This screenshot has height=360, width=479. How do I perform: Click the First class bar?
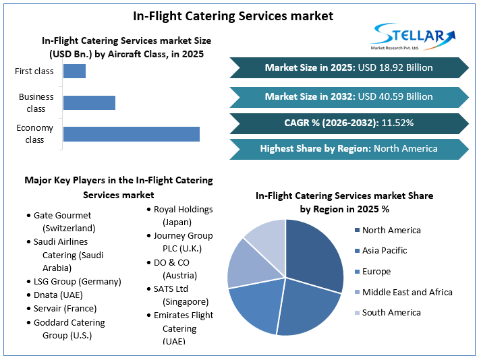coord(74,71)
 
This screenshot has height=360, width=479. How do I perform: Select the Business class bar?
coord(89,102)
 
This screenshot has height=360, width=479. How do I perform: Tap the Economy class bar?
coord(131,133)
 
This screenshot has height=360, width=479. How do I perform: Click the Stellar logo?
coord(413,36)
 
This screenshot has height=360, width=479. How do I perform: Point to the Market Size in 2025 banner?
coord(349,67)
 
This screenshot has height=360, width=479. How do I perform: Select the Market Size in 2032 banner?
coord(349,96)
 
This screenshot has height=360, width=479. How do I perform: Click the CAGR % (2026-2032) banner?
coord(349,123)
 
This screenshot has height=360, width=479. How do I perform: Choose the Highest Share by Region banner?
coord(349,148)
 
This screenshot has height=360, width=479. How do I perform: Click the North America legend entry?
coord(391,231)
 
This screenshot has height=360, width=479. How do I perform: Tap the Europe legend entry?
coord(376,272)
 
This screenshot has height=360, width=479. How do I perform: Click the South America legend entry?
coord(391,312)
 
